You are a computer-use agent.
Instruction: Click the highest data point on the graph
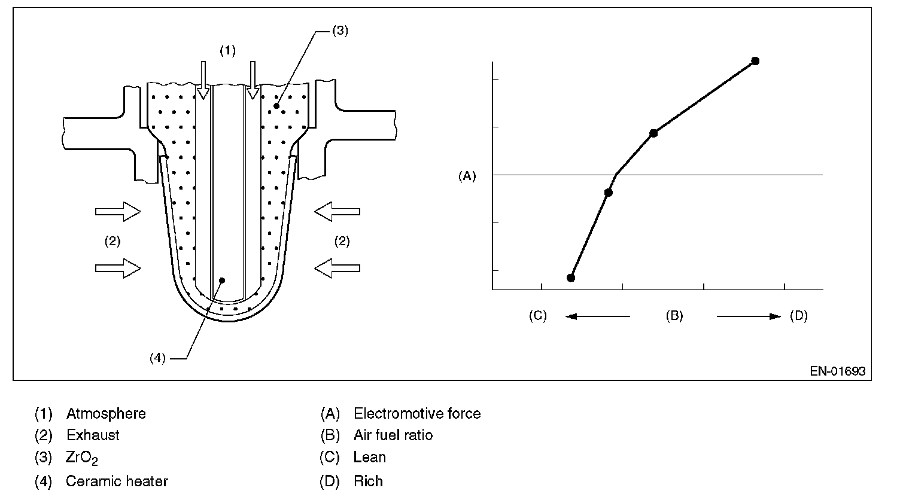click(755, 61)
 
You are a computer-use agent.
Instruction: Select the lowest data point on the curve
click(571, 278)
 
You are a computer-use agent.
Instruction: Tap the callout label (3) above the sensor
click(339, 32)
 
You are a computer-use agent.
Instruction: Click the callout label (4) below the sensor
click(157, 358)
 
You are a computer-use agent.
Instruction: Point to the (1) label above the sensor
click(227, 51)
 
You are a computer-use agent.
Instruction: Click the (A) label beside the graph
click(467, 176)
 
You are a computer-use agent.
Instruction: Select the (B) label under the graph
click(674, 316)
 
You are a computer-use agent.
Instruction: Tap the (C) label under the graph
click(537, 316)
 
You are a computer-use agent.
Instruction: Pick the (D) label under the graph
click(799, 316)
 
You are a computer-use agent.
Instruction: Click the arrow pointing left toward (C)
click(597, 316)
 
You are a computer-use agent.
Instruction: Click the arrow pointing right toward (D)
click(749, 316)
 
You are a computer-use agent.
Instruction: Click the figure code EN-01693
click(838, 371)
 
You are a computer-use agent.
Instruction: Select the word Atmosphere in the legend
click(106, 413)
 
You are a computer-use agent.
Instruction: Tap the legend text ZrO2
click(82, 458)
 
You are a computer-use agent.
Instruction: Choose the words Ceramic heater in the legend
click(117, 481)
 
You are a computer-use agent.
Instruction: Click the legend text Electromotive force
click(417, 413)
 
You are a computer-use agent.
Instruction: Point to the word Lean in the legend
click(370, 458)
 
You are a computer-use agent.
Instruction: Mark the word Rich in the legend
click(368, 481)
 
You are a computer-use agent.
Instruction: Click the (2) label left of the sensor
click(113, 242)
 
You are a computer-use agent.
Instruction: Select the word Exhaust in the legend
click(93, 435)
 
